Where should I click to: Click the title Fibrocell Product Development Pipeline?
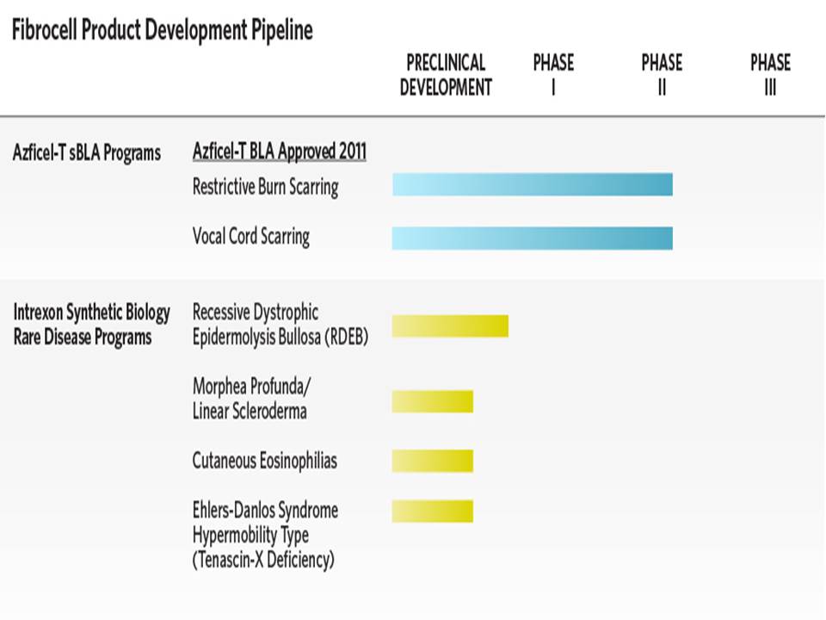(x=163, y=30)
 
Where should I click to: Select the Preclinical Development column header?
(x=446, y=75)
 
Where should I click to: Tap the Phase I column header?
(x=553, y=75)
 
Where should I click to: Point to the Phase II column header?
(x=662, y=75)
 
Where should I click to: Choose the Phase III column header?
(x=770, y=75)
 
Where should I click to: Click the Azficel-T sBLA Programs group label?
(x=87, y=153)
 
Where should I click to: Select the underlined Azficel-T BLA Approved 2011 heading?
(x=279, y=152)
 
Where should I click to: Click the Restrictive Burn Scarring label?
(x=266, y=187)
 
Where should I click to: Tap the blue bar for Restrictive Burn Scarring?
(x=532, y=184)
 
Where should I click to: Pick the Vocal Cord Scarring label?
(x=250, y=236)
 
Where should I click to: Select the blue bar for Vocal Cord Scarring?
(x=532, y=238)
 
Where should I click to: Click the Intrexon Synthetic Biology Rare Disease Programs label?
(x=92, y=325)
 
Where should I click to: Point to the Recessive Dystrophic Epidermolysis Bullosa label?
(x=280, y=325)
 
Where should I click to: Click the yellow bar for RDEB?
(x=450, y=325)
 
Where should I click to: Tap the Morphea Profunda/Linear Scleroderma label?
(x=251, y=399)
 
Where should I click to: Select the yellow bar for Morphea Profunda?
(x=433, y=402)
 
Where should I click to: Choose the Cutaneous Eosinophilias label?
(x=264, y=461)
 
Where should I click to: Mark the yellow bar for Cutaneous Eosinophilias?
(x=433, y=462)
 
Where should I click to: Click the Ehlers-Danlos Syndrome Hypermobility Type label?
(x=265, y=535)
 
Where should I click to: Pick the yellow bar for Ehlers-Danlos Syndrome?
(x=433, y=511)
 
